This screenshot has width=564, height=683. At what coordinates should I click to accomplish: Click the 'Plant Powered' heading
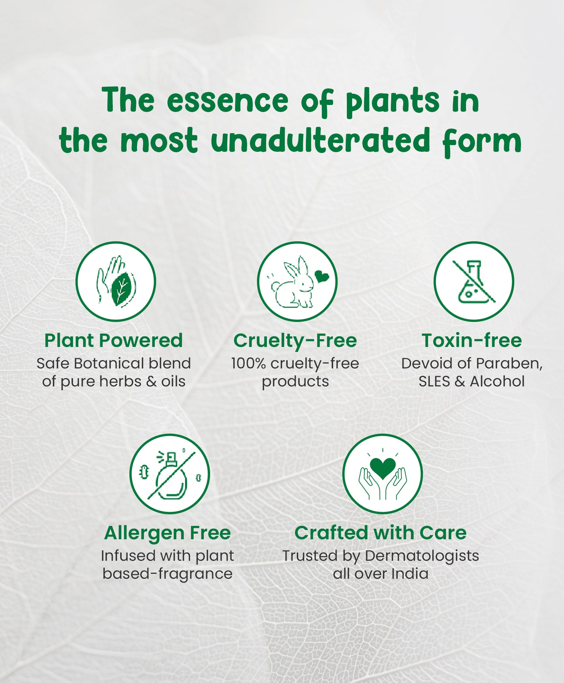114,341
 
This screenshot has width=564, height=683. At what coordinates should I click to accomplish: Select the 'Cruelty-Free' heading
295,341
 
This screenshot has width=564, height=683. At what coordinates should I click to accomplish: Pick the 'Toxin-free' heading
472,341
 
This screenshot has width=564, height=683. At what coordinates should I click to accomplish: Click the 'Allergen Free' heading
167,533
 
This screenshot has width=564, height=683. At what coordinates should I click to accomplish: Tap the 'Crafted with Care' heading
381,533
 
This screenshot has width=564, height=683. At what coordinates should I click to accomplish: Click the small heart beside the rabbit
321,276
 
